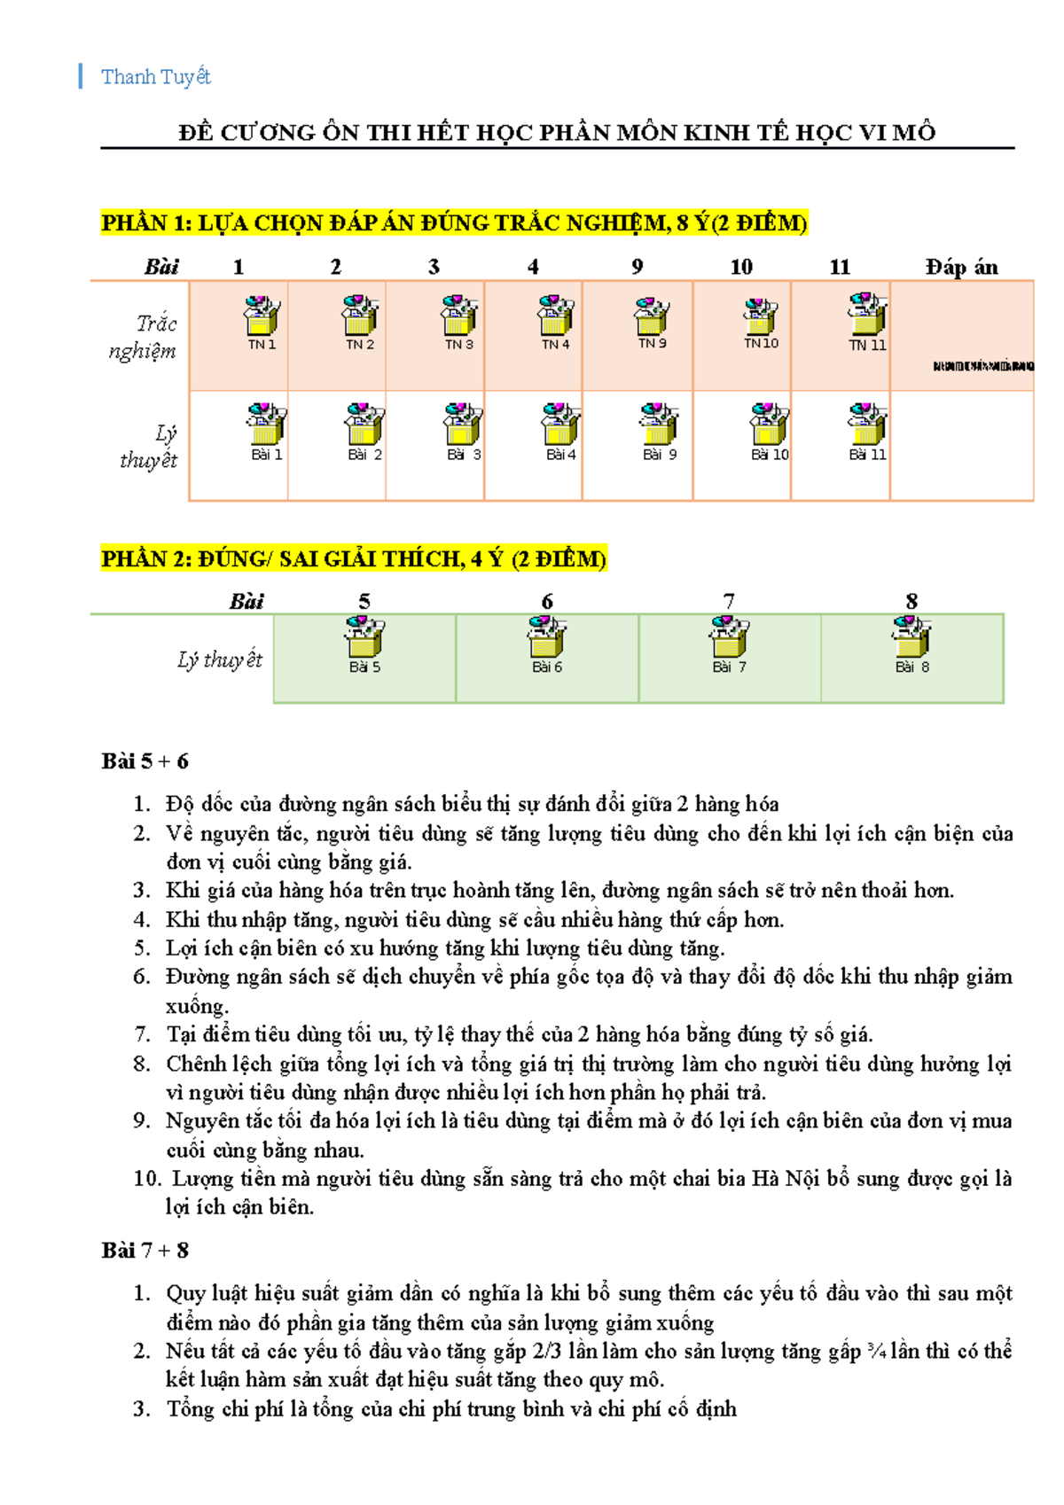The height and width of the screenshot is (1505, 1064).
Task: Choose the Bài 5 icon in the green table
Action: tap(364, 638)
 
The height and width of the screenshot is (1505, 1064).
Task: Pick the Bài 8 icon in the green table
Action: tap(911, 638)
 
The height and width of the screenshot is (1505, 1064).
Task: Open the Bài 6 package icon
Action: tap(547, 638)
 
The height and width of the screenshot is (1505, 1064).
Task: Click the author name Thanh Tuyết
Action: tap(156, 77)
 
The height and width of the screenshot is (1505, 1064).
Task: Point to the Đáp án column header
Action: tap(961, 267)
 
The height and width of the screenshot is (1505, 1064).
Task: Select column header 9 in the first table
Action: tap(637, 267)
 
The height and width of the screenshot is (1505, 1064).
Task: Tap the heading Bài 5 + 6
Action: tap(145, 761)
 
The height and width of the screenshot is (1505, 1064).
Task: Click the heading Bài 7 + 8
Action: tap(145, 1251)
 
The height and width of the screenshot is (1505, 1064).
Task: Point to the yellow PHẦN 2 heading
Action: tap(353, 559)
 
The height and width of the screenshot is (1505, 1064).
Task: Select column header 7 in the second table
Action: tap(729, 601)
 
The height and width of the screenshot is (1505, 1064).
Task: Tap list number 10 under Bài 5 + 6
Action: tap(146, 1179)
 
